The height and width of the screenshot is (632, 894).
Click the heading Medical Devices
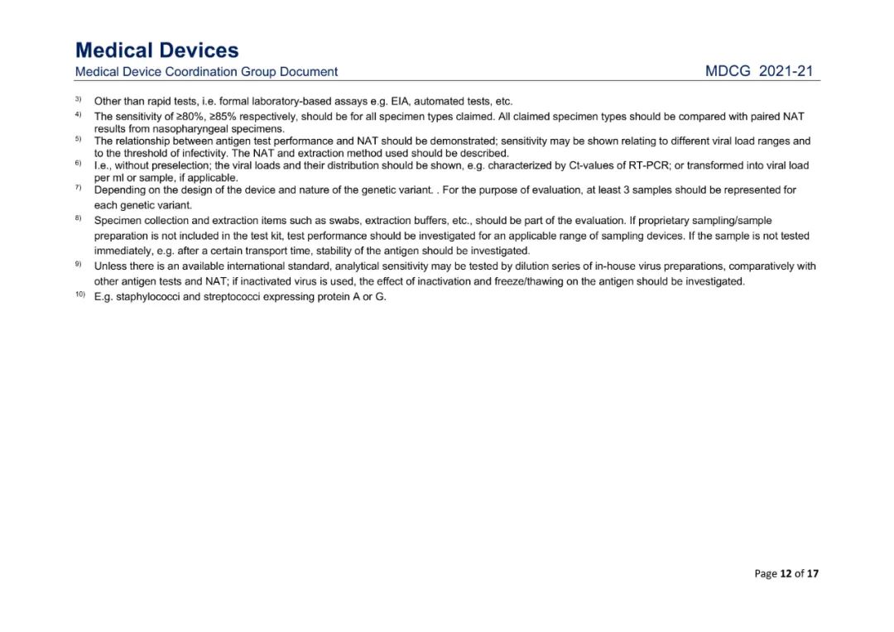tap(156, 50)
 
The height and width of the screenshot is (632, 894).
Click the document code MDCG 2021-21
tap(759, 72)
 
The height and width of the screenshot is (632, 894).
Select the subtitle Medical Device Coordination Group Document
tap(206, 72)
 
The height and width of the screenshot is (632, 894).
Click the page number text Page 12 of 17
tap(786, 573)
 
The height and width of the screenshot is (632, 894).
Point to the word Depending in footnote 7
tap(121, 190)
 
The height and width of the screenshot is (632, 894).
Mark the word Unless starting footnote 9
tap(109, 266)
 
